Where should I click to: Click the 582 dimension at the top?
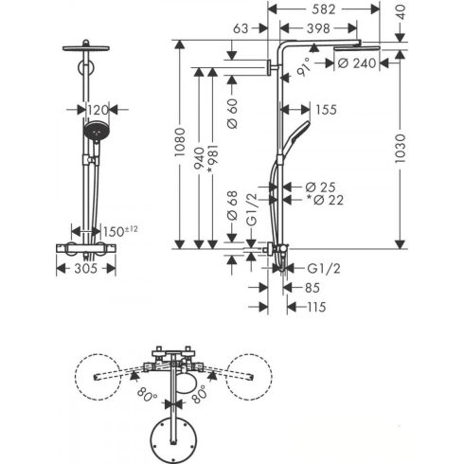point(323,9)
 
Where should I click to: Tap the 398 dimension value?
point(318,28)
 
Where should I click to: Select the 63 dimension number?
point(241,28)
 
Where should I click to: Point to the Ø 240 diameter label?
point(357,63)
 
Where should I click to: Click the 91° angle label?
point(305,67)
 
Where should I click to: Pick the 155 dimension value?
point(326,110)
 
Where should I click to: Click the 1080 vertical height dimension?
point(180,142)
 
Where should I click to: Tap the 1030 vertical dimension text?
point(400,149)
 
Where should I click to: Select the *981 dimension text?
point(213,159)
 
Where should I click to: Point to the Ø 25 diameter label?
point(320,187)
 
